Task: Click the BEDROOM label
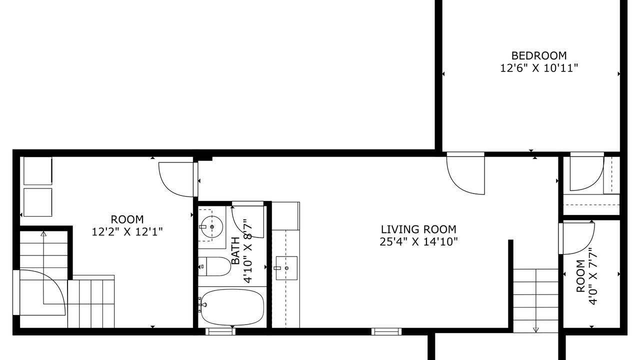point(539,55)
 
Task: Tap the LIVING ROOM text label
point(418,229)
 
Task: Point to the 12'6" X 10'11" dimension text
point(539,68)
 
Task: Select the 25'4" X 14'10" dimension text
point(418,242)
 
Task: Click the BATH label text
point(235,251)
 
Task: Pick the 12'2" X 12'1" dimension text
point(127,231)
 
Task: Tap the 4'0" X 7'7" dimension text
point(593,276)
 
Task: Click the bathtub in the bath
point(232,307)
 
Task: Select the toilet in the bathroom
point(214,266)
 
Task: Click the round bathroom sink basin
point(211,227)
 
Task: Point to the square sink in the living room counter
point(286,268)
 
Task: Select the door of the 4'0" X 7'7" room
point(577,238)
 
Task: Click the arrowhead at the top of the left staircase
point(43,233)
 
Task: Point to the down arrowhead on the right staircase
point(535,329)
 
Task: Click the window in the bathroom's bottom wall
point(220,331)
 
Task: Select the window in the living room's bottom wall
point(386,331)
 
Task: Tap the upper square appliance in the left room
point(38,171)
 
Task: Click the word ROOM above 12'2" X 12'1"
point(127,219)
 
